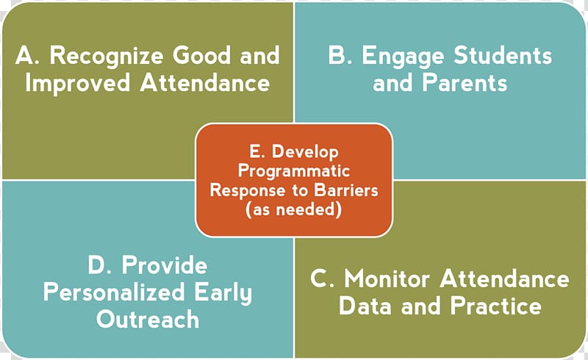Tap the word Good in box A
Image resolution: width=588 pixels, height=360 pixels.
coord(201,56)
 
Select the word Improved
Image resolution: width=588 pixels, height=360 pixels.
coord(78,84)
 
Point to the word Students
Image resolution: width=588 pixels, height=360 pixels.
coord(503,56)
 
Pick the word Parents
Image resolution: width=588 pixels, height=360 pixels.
coord(465,83)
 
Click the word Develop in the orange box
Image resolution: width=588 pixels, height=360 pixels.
coord(305,153)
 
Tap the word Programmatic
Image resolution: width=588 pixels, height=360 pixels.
coord(294,172)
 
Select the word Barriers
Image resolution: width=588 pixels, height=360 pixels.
coord(346,190)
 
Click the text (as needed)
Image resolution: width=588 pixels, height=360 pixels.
coord(293,209)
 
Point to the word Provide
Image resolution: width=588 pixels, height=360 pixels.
coord(164,265)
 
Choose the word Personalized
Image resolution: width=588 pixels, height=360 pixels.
coord(114,292)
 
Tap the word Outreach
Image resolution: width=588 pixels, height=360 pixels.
coord(148,320)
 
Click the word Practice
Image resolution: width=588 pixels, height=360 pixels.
coord(495,306)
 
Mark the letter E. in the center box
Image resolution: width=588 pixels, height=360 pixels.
coord(257,153)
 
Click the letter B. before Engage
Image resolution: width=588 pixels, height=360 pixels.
coord(340,56)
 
